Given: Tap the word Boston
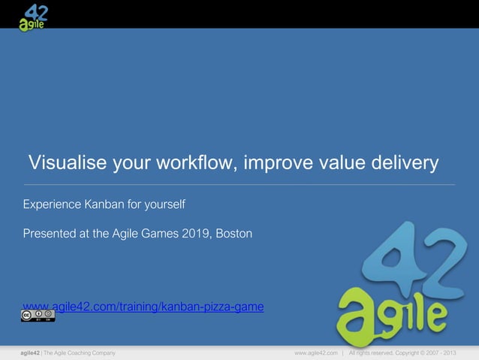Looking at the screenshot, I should click(234, 234).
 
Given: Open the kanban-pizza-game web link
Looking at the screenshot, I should click(143, 307).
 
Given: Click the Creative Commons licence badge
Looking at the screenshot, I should click(38, 316).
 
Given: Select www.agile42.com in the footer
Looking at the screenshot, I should click(315, 352).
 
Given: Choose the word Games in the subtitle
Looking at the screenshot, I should click(162, 234).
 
